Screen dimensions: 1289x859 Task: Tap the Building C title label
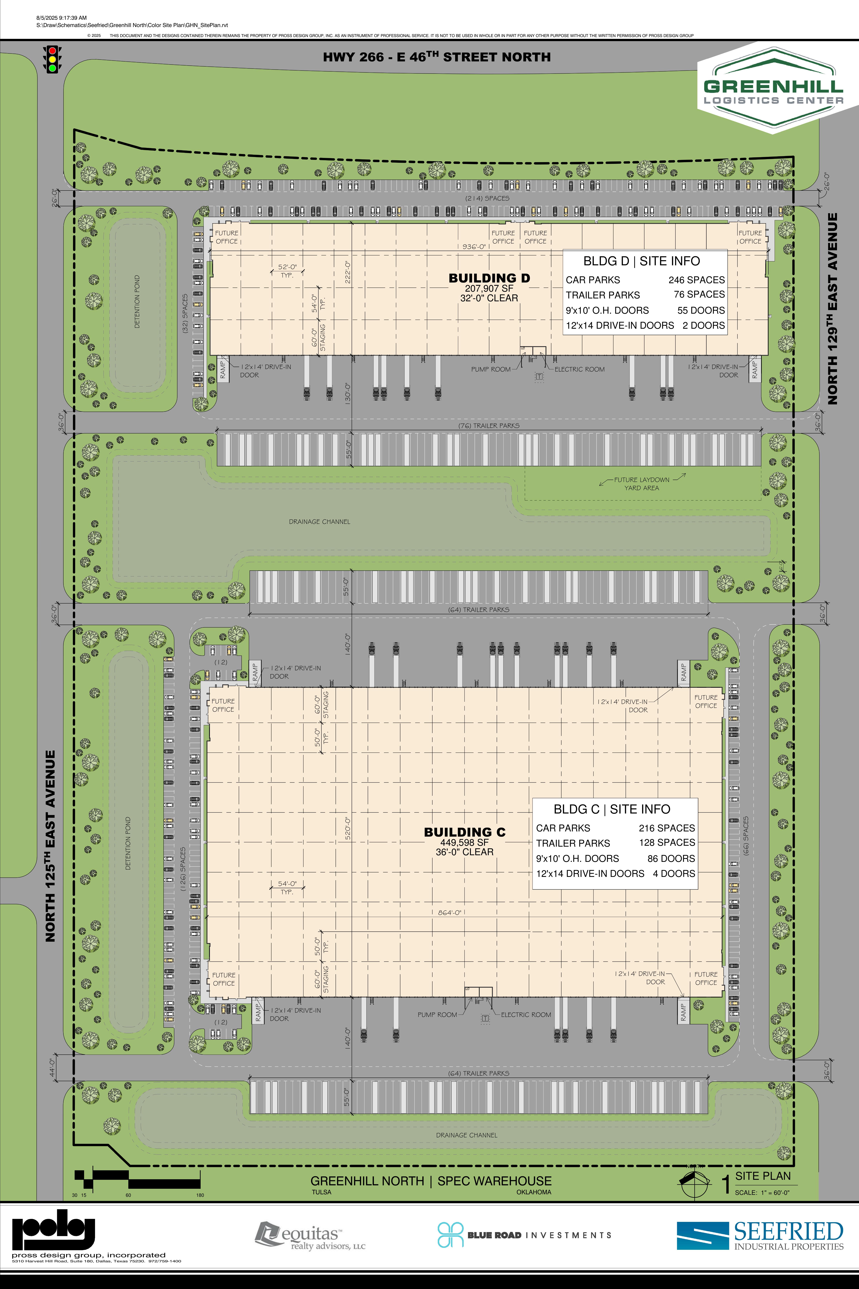[x=465, y=832]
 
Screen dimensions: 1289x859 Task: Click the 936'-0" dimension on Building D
[x=474, y=247]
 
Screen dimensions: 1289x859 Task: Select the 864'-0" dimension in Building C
[x=449, y=913]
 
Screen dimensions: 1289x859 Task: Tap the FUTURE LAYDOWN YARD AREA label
[x=642, y=483]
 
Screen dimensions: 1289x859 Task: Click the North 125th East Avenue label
[x=50, y=846]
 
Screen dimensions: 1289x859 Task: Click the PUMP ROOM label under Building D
[x=490, y=369]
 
